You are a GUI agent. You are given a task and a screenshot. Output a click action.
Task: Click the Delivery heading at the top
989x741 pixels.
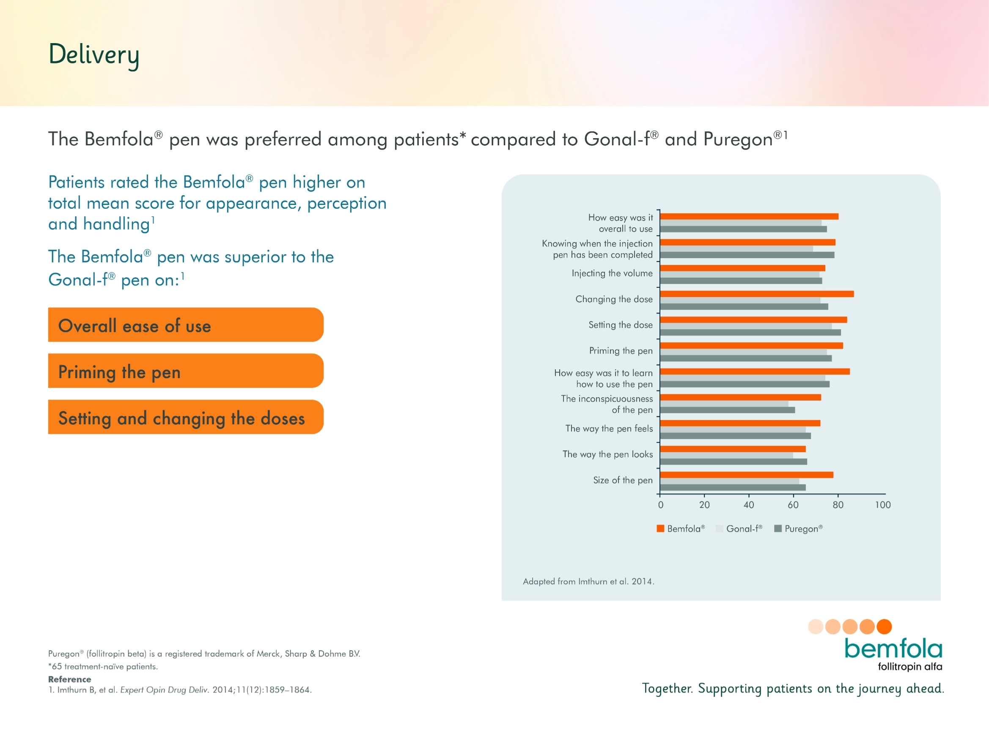point(94,54)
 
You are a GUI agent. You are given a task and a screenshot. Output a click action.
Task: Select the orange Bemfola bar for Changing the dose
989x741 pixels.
point(756,294)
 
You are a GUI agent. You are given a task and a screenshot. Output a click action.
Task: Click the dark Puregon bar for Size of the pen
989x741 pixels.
point(733,487)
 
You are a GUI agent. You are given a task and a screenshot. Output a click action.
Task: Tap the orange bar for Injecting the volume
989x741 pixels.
point(742,268)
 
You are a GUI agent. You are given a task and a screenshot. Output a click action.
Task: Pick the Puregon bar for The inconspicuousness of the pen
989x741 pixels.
point(728,410)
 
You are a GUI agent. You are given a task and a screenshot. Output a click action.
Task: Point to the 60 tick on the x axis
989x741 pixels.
point(793,505)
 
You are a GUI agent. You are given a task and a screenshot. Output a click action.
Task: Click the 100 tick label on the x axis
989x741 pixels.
point(882,505)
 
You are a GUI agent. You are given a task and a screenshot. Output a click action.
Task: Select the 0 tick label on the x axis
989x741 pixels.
point(660,505)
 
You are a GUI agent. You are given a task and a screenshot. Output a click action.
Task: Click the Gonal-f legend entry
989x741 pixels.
point(743,529)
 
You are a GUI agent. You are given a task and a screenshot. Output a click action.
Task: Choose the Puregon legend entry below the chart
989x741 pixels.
point(803,529)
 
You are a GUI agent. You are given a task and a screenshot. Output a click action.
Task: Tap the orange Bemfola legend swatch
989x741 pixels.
point(660,529)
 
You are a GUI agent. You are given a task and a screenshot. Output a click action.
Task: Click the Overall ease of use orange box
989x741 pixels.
point(186,325)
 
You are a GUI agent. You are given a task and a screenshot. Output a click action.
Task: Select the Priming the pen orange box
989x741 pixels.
point(186,371)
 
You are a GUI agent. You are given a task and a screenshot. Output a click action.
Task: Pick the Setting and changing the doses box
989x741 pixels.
point(186,417)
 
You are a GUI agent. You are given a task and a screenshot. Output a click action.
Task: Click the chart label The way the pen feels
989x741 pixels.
point(609,428)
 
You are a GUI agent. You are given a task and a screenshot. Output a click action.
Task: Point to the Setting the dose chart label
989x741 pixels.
point(620,325)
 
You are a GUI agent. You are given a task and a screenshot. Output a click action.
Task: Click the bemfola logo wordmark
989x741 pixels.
point(893,648)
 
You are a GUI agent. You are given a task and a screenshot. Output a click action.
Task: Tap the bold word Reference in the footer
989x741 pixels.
point(69,679)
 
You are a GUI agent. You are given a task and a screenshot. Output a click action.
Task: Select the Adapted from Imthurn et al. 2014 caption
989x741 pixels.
point(588,581)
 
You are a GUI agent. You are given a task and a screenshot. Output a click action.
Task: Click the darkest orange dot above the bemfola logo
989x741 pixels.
point(884,626)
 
